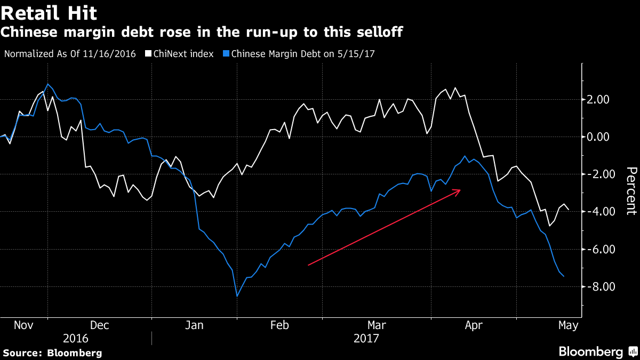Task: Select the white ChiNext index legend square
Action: pos(148,54)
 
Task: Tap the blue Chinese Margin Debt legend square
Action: pos(227,54)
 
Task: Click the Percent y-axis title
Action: pos(631,190)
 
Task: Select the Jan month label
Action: pos(194,325)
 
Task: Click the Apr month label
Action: pos(475,325)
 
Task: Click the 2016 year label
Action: pos(76,338)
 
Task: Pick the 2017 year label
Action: pos(366,338)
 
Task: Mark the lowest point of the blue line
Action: pos(237,296)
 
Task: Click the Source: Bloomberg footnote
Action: pos(52,353)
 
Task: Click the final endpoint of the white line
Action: pos(569,210)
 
